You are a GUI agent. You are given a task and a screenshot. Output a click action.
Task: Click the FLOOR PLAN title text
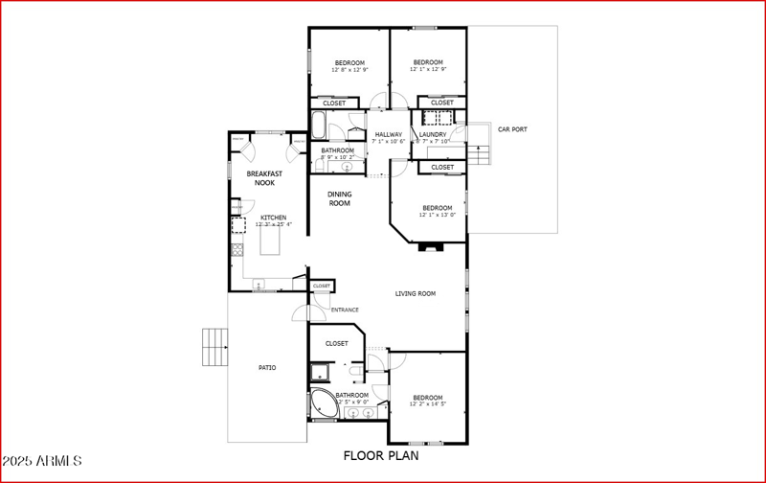click(x=382, y=456)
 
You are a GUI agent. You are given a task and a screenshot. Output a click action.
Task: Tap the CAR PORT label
click(x=511, y=129)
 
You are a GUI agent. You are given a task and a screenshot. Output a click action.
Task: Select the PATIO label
click(x=268, y=367)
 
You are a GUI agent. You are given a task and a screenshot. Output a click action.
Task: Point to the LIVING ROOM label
click(x=416, y=293)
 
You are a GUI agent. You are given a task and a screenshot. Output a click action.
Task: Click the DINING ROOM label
click(x=340, y=198)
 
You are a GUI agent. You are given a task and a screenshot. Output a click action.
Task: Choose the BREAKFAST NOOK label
click(x=264, y=177)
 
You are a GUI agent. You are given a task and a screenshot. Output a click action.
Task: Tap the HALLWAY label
click(x=388, y=134)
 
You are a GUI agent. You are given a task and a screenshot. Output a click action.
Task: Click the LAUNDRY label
click(x=446, y=134)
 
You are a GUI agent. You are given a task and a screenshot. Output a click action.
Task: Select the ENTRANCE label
click(x=345, y=310)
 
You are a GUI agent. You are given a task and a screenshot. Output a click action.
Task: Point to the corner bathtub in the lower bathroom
click(x=323, y=403)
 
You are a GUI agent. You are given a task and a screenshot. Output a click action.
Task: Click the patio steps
click(x=215, y=346)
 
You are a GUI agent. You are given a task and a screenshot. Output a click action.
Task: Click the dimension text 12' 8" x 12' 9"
click(x=349, y=70)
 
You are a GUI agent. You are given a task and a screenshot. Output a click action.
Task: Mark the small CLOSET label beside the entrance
click(x=321, y=286)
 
